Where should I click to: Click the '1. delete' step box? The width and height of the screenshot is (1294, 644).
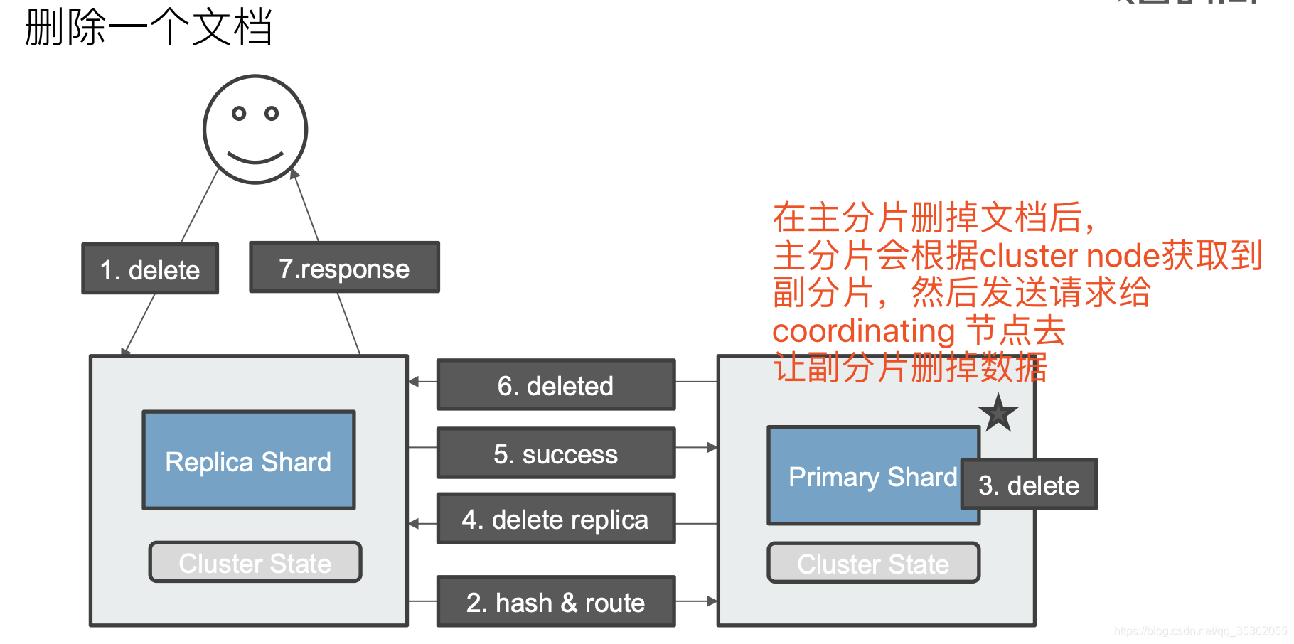[150, 269]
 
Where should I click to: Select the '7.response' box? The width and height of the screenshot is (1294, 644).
[344, 267]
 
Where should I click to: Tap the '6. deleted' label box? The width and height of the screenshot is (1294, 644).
[555, 385]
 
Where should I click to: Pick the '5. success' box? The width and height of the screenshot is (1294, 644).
[555, 453]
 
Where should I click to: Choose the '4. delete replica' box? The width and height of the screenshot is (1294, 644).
[555, 519]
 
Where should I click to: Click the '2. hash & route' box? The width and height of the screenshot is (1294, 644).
[555, 601]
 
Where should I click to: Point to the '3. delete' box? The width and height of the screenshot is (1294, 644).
[1028, 484]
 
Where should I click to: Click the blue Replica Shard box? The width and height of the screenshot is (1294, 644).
[248, 461]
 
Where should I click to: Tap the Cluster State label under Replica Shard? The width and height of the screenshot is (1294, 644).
[255, 562]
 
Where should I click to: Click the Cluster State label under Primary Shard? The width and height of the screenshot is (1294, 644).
[873, 563]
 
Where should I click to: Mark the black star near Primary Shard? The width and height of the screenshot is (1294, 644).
[998, 413]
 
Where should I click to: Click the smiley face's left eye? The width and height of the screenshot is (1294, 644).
[240, 113]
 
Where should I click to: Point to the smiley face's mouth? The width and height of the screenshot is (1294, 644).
[255, 157]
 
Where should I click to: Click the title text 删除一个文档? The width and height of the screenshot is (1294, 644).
[148, 27]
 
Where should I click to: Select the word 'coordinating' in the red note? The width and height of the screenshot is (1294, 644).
[863, 331]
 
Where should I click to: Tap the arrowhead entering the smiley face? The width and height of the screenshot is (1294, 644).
[294, 173]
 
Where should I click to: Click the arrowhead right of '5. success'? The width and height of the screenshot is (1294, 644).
[712, 447]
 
